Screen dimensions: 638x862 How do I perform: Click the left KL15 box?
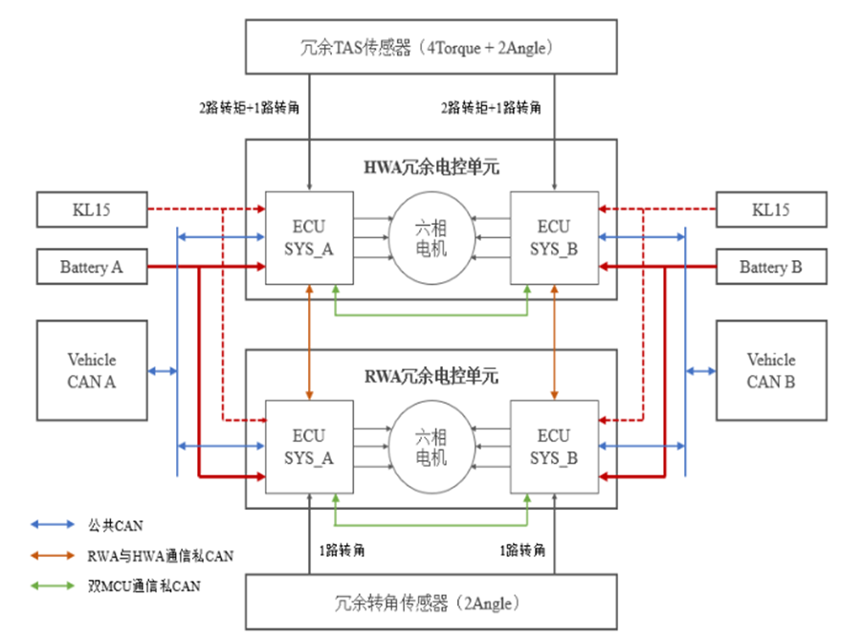92,209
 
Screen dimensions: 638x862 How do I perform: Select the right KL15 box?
770,209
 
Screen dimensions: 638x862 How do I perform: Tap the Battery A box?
92,267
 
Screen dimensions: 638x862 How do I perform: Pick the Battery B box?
770,267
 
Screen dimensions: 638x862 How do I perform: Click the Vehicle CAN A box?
92,370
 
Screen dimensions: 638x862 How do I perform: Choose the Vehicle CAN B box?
770,370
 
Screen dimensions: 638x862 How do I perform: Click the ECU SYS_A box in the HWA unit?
309,237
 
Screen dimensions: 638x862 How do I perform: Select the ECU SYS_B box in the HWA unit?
554,237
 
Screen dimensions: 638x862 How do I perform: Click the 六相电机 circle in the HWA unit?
431,238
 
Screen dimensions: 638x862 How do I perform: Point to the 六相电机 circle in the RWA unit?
431,446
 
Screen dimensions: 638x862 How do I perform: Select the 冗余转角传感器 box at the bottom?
431,603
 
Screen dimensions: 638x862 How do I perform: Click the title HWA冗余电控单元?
431,167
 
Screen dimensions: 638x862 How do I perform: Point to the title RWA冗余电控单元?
431,376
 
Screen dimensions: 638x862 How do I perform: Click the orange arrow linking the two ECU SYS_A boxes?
309,341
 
